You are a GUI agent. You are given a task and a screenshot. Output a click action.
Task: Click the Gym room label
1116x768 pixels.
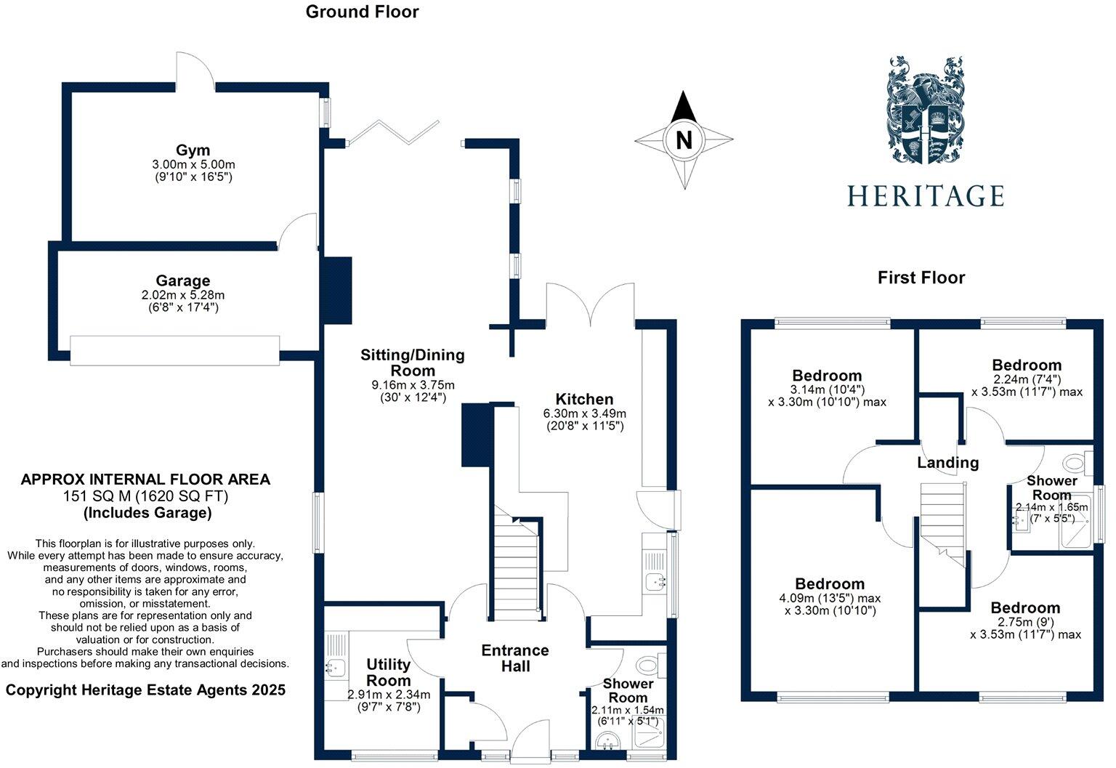coord(193,150)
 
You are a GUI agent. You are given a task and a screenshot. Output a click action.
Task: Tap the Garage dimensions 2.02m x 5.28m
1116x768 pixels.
coord(183,295)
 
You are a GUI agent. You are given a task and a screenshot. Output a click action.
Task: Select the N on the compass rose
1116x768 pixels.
coord(684,140)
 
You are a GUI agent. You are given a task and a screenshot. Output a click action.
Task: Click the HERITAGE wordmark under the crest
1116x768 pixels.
coord(926,196)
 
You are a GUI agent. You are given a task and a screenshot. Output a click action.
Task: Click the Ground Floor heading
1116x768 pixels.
coord(363,12)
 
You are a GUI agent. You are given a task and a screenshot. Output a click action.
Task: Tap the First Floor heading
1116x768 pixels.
coord(921,278)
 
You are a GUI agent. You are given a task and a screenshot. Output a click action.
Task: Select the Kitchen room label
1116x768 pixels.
coord(584,399)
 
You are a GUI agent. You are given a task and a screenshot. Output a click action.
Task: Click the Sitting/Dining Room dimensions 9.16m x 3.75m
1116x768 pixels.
coord(413,385)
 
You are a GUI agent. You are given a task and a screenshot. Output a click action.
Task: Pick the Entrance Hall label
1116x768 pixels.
coord(515,658)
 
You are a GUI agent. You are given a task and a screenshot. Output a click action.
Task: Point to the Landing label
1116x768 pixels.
coord(948,463)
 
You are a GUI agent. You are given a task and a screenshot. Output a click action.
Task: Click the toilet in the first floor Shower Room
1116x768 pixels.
coord(1077,463)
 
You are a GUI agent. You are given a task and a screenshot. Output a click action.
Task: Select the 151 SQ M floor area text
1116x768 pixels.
coord(145,496)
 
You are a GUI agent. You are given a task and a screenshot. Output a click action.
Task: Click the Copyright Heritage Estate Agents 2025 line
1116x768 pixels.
coord(145,690)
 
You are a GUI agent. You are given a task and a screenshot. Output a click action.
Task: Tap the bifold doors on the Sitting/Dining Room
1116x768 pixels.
coord(394,132)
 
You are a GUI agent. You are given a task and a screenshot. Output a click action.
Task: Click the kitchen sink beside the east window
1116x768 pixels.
coord(655,581)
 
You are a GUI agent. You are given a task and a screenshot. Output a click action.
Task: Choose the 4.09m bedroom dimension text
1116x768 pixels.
coord(830,598)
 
